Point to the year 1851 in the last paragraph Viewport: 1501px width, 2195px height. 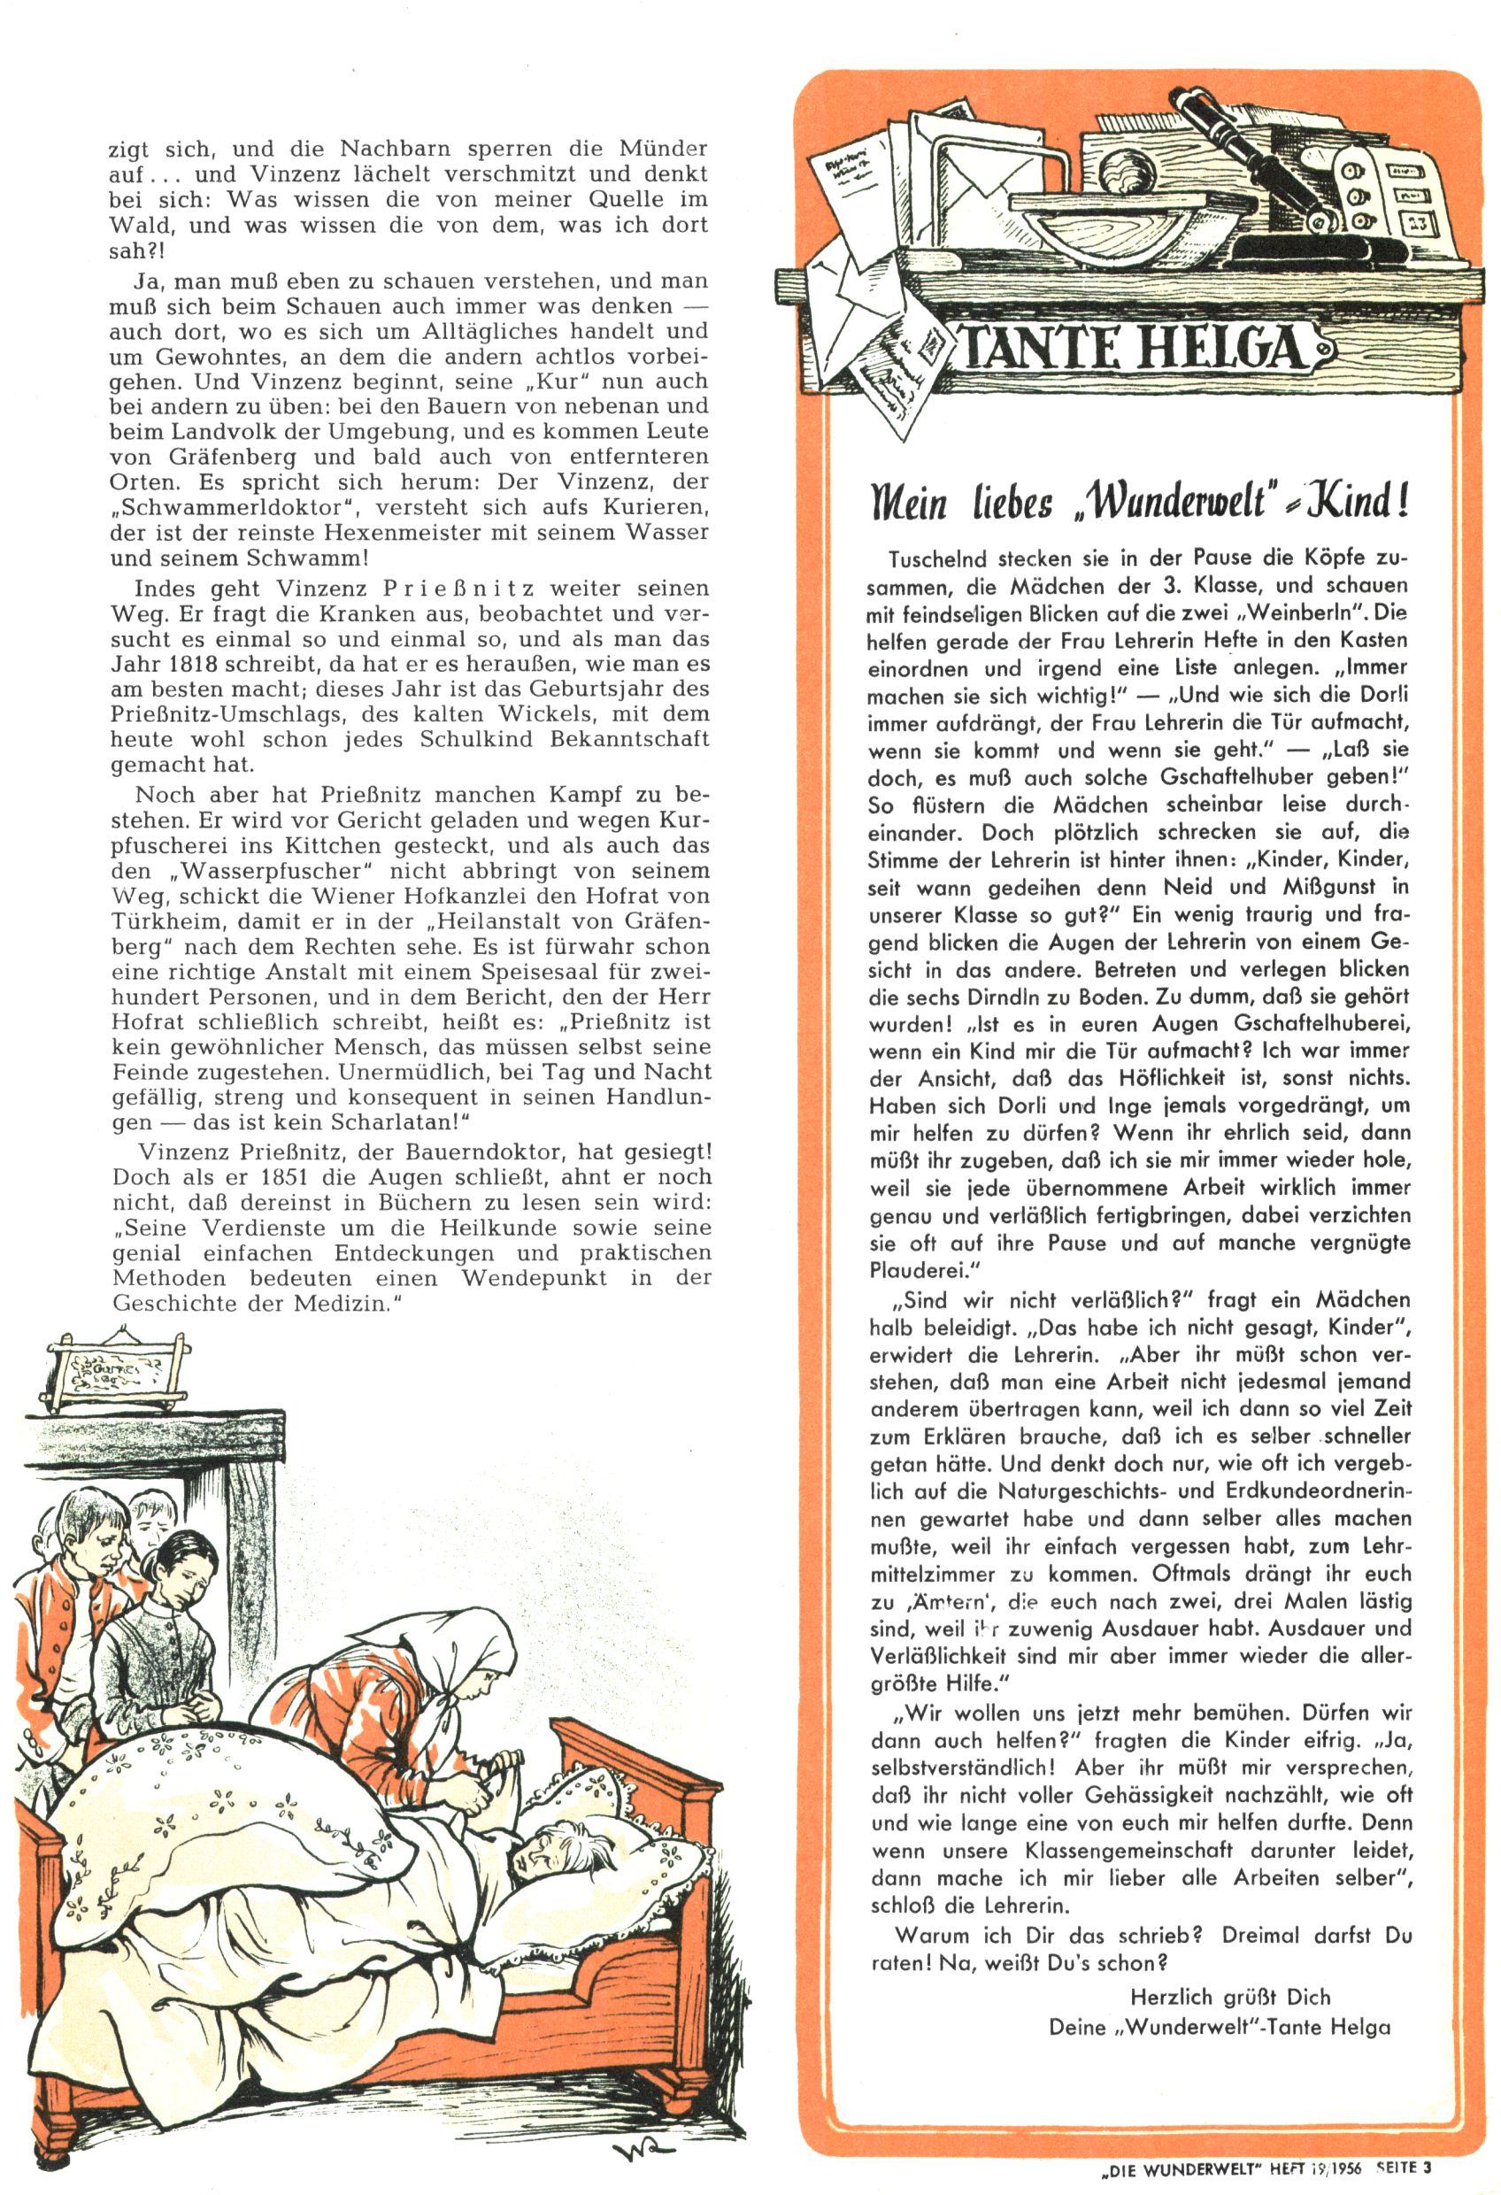coord(318,1177)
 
